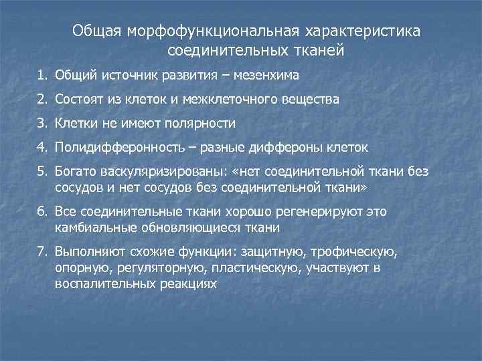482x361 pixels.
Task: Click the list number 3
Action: [42, 123]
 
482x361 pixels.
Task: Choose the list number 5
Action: [42, 172]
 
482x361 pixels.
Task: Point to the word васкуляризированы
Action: [148, 172]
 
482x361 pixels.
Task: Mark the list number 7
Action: [42, 252]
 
